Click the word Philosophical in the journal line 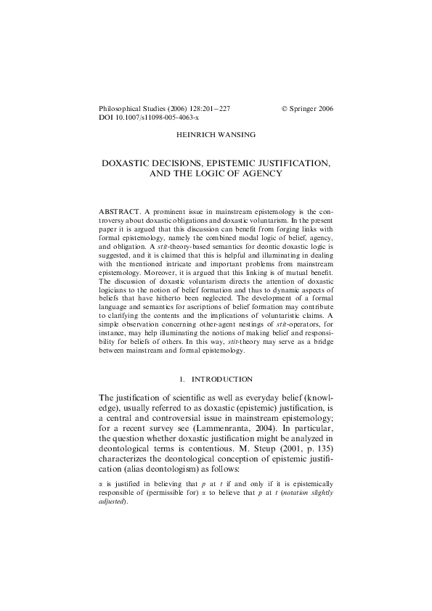[x=120, y=107]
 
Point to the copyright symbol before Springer [x=284, y=107]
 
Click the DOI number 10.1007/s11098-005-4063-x [x=155, y=116]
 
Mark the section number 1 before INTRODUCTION [x=179, y=379]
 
